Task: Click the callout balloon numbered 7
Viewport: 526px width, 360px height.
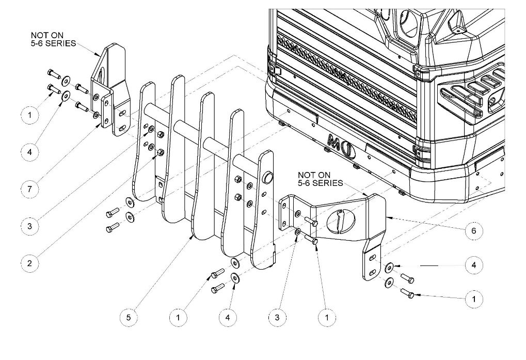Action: pos(29,189)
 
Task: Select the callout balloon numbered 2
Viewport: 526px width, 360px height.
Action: pos(29,263)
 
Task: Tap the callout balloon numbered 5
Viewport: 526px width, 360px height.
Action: pos(129,317)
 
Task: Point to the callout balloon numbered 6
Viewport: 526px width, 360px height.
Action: pos(474,230)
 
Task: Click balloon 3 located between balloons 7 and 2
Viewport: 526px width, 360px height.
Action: pos(29,226)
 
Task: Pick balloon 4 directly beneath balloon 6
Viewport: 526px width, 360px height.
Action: pos(474,265)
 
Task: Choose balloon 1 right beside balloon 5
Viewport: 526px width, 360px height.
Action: pos(178,317)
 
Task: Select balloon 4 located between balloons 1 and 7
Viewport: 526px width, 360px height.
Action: pos(29,152)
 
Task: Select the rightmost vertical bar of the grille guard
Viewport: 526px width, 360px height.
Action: pos(263,210)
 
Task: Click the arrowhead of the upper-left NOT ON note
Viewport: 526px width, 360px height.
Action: pos(98,54)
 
